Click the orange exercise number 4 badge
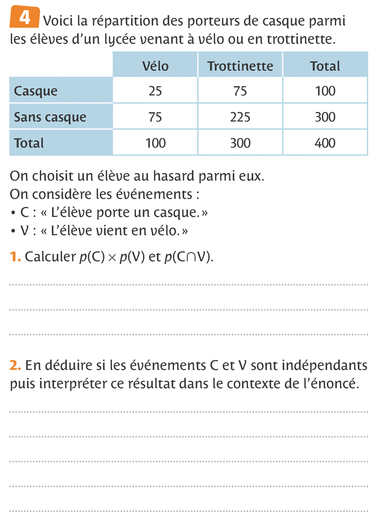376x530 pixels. click(x=24, y=19)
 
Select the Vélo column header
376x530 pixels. click(x=155, y=66)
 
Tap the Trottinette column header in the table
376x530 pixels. click(x=240, y=66)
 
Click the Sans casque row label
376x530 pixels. click(x=50, y=117)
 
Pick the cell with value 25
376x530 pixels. click(x=155, y=91)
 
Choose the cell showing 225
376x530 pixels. click(x=240, y=117)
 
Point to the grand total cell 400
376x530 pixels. click(x=325, y=143)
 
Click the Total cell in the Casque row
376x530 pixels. click(x=325, y=91)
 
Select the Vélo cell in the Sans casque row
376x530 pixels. click(x=155, y=117)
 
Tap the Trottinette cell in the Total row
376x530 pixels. click(x=240, y=143)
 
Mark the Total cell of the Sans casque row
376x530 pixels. click(x=325, y=117)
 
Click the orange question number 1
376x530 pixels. click(x=15, y=257)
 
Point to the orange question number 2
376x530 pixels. click(x=15, y=365)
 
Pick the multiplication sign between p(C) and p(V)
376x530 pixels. click(x=112, y=258)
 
